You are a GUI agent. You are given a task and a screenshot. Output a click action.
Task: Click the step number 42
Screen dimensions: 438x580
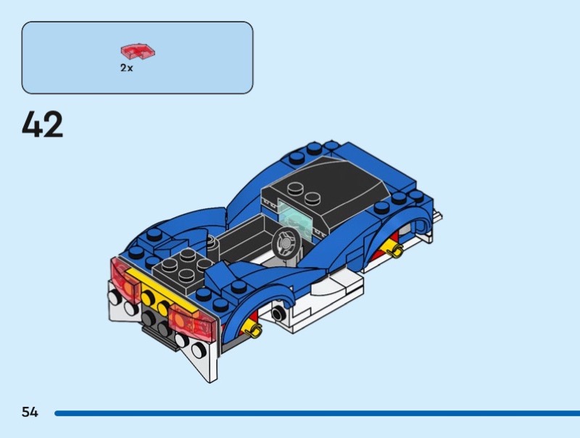click(x=43, y=125)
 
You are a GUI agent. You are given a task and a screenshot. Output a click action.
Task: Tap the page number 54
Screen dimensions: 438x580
click(x=30, y=412)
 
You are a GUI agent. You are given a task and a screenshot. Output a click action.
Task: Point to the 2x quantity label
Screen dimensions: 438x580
click(x=127, y=67)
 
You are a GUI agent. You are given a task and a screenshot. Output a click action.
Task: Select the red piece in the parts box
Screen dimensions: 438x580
click(x=138, y=51)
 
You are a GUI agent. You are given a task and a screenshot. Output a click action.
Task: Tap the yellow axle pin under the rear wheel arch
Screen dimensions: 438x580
click(x=253, y=331)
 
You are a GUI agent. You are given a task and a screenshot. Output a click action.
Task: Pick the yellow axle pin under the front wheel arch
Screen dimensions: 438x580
click(x=395, y=251)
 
